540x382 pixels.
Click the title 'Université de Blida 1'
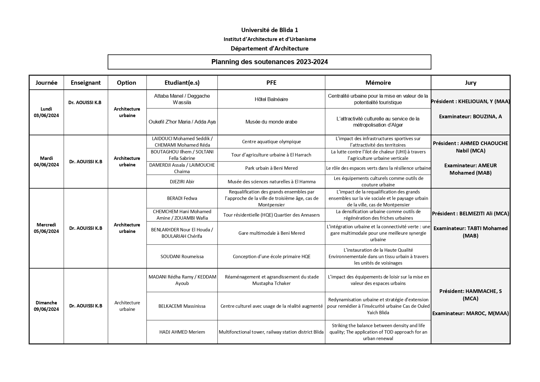point(270,30)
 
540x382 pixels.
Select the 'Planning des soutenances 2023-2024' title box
point(270,62)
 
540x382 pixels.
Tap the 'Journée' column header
point(46,83)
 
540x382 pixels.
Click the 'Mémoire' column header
point(378,83)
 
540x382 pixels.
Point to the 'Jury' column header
point(470,83)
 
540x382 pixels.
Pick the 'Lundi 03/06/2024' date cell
point(46,112)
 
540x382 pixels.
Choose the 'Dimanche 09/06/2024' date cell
point(46,306)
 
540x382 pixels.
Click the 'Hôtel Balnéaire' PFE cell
point(271,99)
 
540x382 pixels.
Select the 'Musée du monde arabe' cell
point(271,122)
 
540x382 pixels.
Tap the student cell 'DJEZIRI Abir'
point(182,181)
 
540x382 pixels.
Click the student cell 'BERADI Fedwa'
point(182,198)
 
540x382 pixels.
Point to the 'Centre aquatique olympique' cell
point(271,142)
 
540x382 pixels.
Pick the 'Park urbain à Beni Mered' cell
point(271,168)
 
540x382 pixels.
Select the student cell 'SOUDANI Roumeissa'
point(182,256)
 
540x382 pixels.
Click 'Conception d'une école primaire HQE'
point(271,256)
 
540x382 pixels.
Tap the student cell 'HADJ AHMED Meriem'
point(182,332)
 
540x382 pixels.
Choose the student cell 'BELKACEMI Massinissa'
point(182,306)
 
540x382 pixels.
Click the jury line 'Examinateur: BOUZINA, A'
point(470,116)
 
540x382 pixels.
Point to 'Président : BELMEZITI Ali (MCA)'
point(470,213)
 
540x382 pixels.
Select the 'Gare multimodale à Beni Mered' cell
point(271,233)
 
